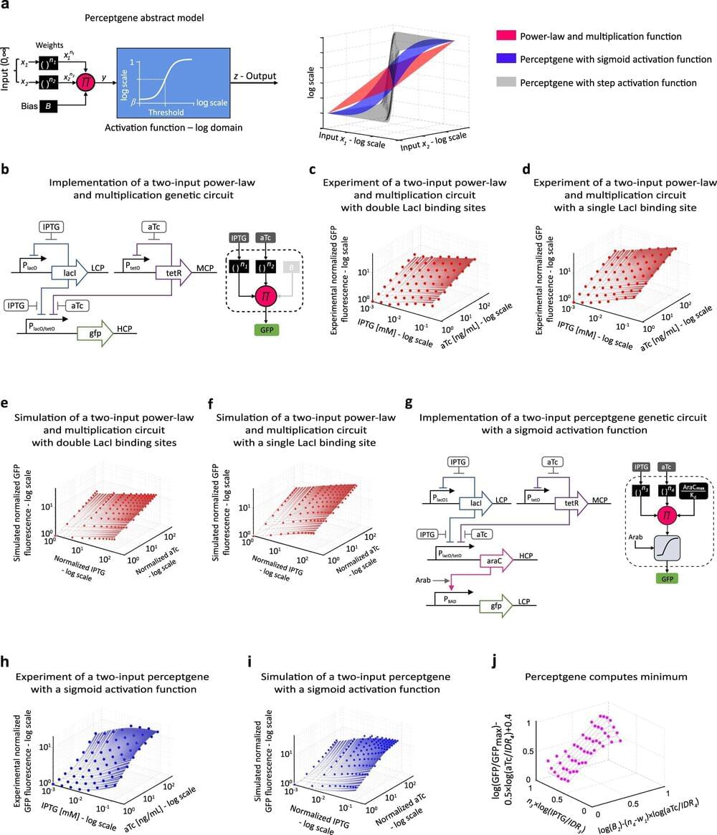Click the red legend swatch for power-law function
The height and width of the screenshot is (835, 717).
pyautogui.click(x=511, y=36)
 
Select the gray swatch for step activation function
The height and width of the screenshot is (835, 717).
pyautogui.click(x=511, y=83)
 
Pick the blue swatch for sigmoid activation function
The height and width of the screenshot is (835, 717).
pyautogui.click(x=511, y=59)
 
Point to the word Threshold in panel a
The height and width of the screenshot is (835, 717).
pyautogui.click(x=166, y=113)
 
